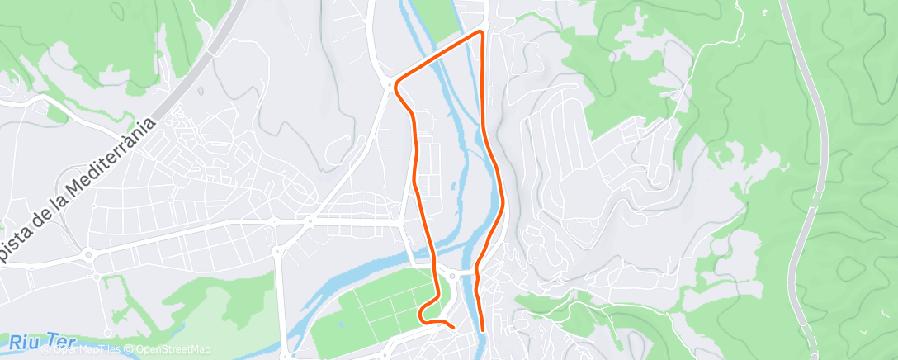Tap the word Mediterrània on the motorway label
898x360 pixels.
tap(105, 166)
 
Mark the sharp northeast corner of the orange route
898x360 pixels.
tap(482, 32)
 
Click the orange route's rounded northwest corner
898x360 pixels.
tap(398, 85)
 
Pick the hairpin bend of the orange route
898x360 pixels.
tap(422, 313)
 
